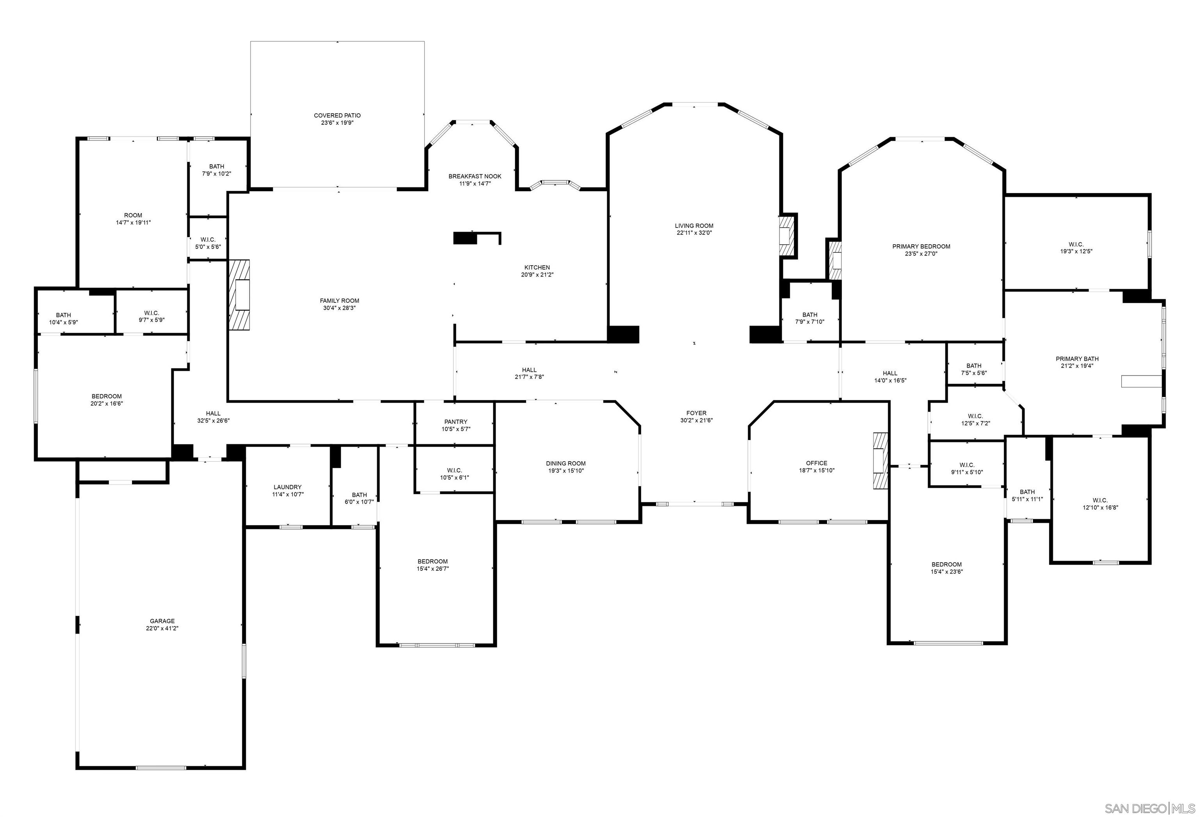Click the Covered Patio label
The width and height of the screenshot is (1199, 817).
point(337,115)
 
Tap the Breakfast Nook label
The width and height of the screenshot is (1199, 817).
point(475,176)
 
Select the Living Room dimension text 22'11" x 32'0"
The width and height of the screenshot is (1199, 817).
point(694,233)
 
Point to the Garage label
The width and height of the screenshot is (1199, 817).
point(162,621)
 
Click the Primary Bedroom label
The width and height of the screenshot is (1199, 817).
point(921,247)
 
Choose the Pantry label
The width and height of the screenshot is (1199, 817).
point(455,422)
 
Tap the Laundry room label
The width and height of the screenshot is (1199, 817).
point(287,487)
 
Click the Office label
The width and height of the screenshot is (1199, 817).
point(816,463)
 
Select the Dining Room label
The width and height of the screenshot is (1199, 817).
point(566,463)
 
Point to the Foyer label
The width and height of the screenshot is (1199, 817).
point(696,413)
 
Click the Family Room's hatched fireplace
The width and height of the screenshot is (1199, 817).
point(239,295)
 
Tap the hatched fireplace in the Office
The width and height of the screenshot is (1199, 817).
point(881,461)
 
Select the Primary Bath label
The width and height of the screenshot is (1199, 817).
point(1077,359)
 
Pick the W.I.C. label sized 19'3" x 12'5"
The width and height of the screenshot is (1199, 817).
point(1076,245)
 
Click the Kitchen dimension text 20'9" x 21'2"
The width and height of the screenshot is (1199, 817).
point(537,275)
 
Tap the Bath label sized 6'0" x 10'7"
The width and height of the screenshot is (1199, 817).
point(359,495)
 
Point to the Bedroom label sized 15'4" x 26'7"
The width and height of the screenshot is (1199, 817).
point(432,562)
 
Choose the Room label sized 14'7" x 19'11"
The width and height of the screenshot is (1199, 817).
point(133,216)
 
